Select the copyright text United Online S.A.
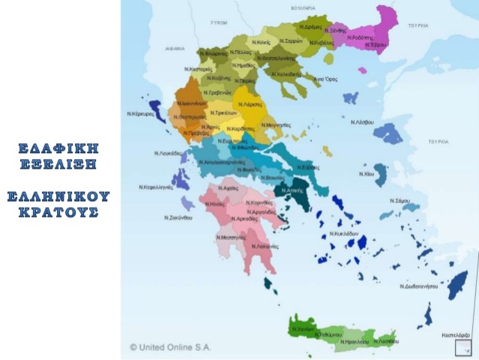click(172, 347)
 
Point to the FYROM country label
click(220, 23)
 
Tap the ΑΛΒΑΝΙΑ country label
click(175, 48)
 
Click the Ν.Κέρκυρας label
click(140, 115)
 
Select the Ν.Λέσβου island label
click(363, 121)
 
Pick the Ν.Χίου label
click(367, 173)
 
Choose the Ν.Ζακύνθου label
click(178, 217)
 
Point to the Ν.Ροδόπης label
click(360, 38)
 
